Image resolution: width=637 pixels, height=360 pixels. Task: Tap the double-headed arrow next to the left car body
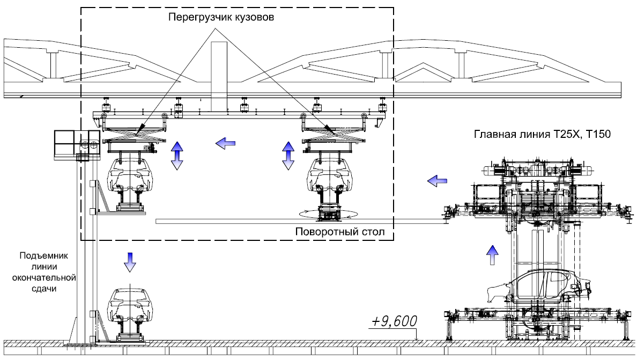(x=176, y=156)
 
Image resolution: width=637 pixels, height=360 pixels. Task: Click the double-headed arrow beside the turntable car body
(x=288, y=156)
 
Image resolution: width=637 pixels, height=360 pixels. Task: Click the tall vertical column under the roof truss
(x=219, y=75)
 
